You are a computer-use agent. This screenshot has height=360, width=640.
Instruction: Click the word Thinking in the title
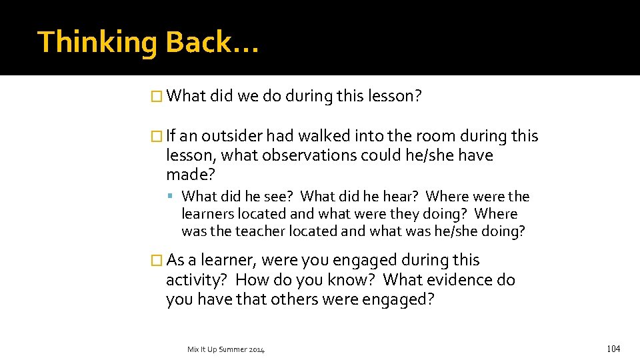[97, 42]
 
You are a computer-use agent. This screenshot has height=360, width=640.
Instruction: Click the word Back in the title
[199, 42]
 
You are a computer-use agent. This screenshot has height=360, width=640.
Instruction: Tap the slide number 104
[613, 349]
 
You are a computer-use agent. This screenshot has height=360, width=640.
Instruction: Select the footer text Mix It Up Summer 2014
[226, 349]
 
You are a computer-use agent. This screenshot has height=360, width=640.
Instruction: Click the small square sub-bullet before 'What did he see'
[171, 197]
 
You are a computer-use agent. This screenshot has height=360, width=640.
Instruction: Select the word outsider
[231, 136]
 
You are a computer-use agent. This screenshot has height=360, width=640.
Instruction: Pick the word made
[187, 175]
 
